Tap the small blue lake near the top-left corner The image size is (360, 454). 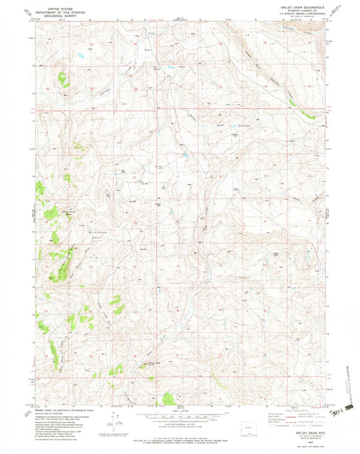(x=80, y=56)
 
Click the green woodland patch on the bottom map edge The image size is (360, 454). (x=170, y=398)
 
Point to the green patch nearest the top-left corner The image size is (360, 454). (x=63, y=79)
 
